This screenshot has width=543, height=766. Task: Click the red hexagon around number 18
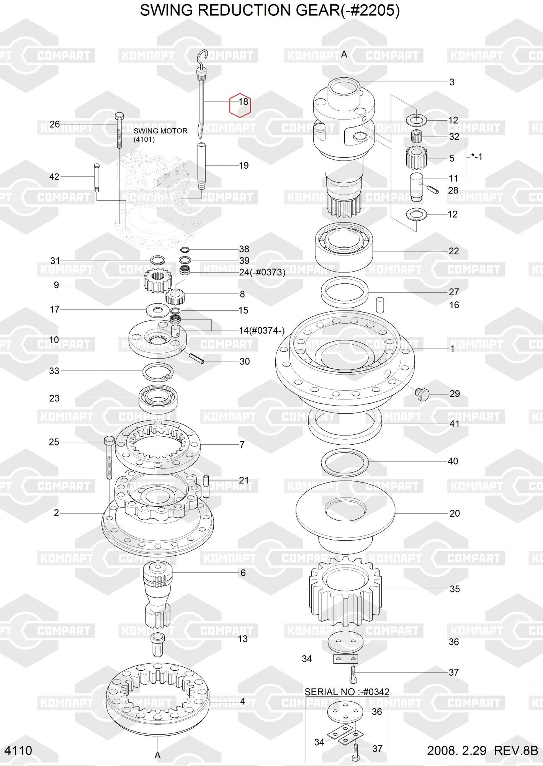[240, 105]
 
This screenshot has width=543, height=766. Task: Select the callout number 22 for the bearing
[453, 251]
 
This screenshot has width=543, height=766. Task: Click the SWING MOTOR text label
[160, 131]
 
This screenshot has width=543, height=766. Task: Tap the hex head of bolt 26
[119, 116]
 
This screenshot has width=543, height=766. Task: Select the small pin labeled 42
[96, 177]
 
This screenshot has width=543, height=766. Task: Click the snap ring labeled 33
[158, 372]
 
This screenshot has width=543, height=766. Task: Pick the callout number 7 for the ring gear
[242, 445]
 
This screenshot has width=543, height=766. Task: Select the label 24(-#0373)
[262, 273]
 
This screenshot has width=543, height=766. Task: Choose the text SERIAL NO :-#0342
[347, 692]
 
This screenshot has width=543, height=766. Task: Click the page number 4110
[18, 750]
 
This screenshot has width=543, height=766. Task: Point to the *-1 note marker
[476, 157]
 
